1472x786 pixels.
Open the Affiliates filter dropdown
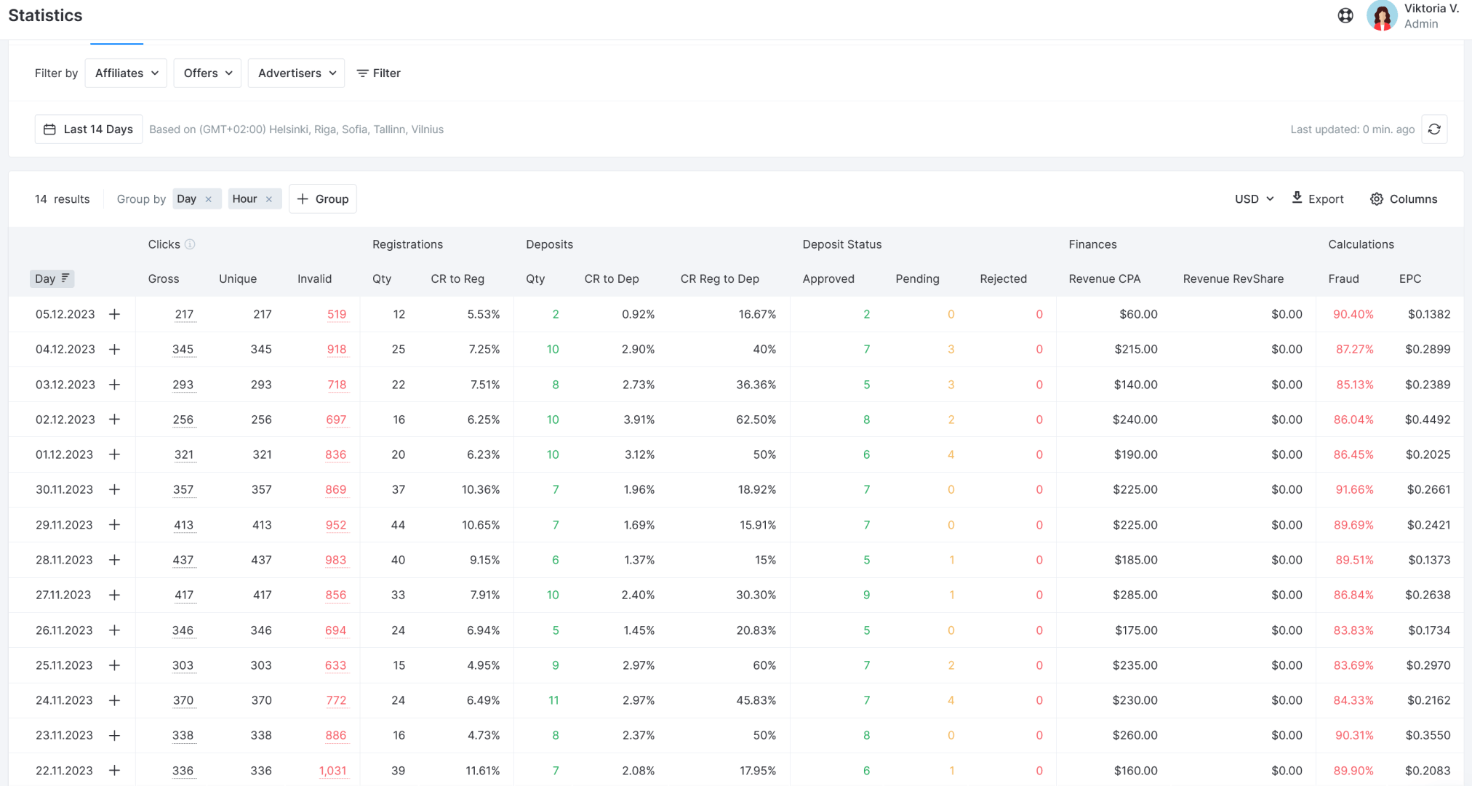126,73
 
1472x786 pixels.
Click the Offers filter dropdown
207,73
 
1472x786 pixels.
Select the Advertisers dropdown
296,73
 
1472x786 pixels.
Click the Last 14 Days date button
89,129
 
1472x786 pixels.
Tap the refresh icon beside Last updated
1434,129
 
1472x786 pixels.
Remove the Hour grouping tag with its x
269,199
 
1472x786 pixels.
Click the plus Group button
323,199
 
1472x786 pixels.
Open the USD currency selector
1254,199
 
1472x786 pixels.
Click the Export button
1318,199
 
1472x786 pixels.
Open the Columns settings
1404,199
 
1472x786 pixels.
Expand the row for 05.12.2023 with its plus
114,314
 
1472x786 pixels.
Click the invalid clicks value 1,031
332,771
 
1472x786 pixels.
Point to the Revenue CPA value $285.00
1135,595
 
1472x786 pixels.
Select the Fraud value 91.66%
1354,489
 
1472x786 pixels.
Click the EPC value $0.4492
1427,420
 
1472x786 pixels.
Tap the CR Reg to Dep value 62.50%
756,420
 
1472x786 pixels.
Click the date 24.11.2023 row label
64,700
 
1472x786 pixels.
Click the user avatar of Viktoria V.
1381,15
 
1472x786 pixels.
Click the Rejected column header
1003,278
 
